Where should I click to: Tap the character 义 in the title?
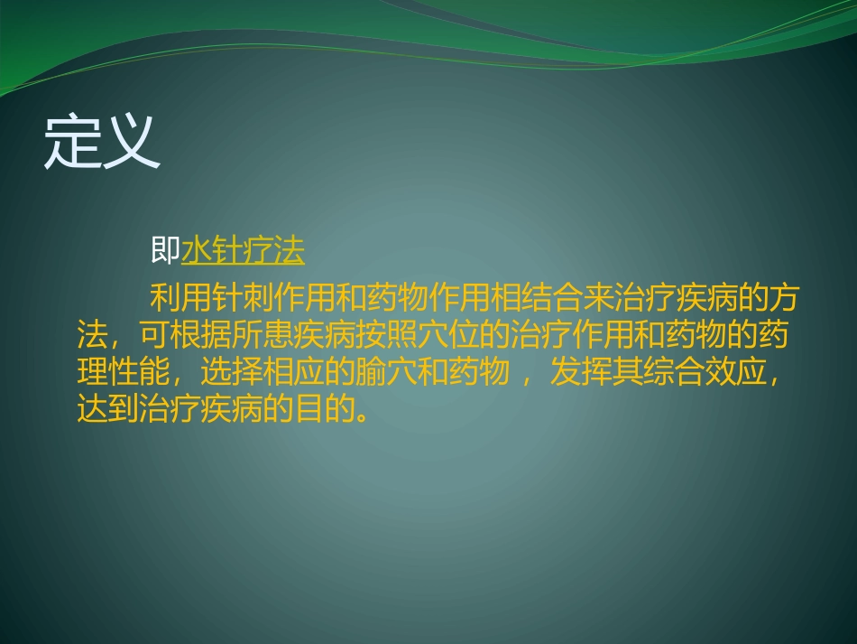click(x=132, y=142)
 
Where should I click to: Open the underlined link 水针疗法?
click(x=244, y=251)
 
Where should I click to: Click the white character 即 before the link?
click(x=166, y=251)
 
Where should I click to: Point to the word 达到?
click(x=109, y=409)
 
